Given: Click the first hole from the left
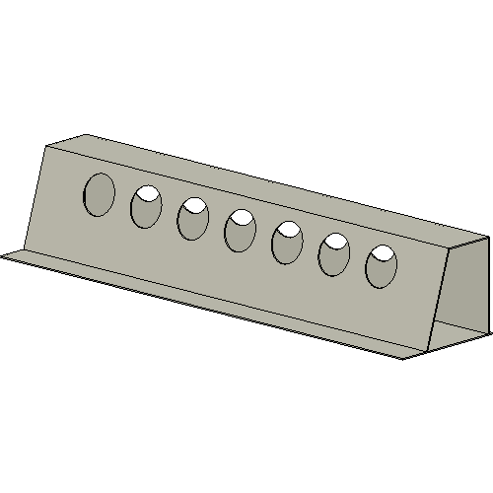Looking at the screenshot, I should click(x=99, y=194).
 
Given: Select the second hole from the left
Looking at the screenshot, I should click(x=146, y=207).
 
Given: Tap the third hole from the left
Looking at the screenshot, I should click(x=193, y=219).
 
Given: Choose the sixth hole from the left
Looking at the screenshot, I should click(x=334, y=255).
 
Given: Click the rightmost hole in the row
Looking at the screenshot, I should click(x=381, y=267).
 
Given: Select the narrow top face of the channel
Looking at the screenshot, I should click(x=276, y=187).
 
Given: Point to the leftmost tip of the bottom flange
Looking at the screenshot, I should click(x=3, y=256).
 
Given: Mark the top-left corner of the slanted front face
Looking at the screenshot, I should click(x=46, y=146).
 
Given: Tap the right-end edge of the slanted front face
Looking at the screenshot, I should click(x=441, y=296).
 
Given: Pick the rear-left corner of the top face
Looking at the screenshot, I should click(x=87, y=134).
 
